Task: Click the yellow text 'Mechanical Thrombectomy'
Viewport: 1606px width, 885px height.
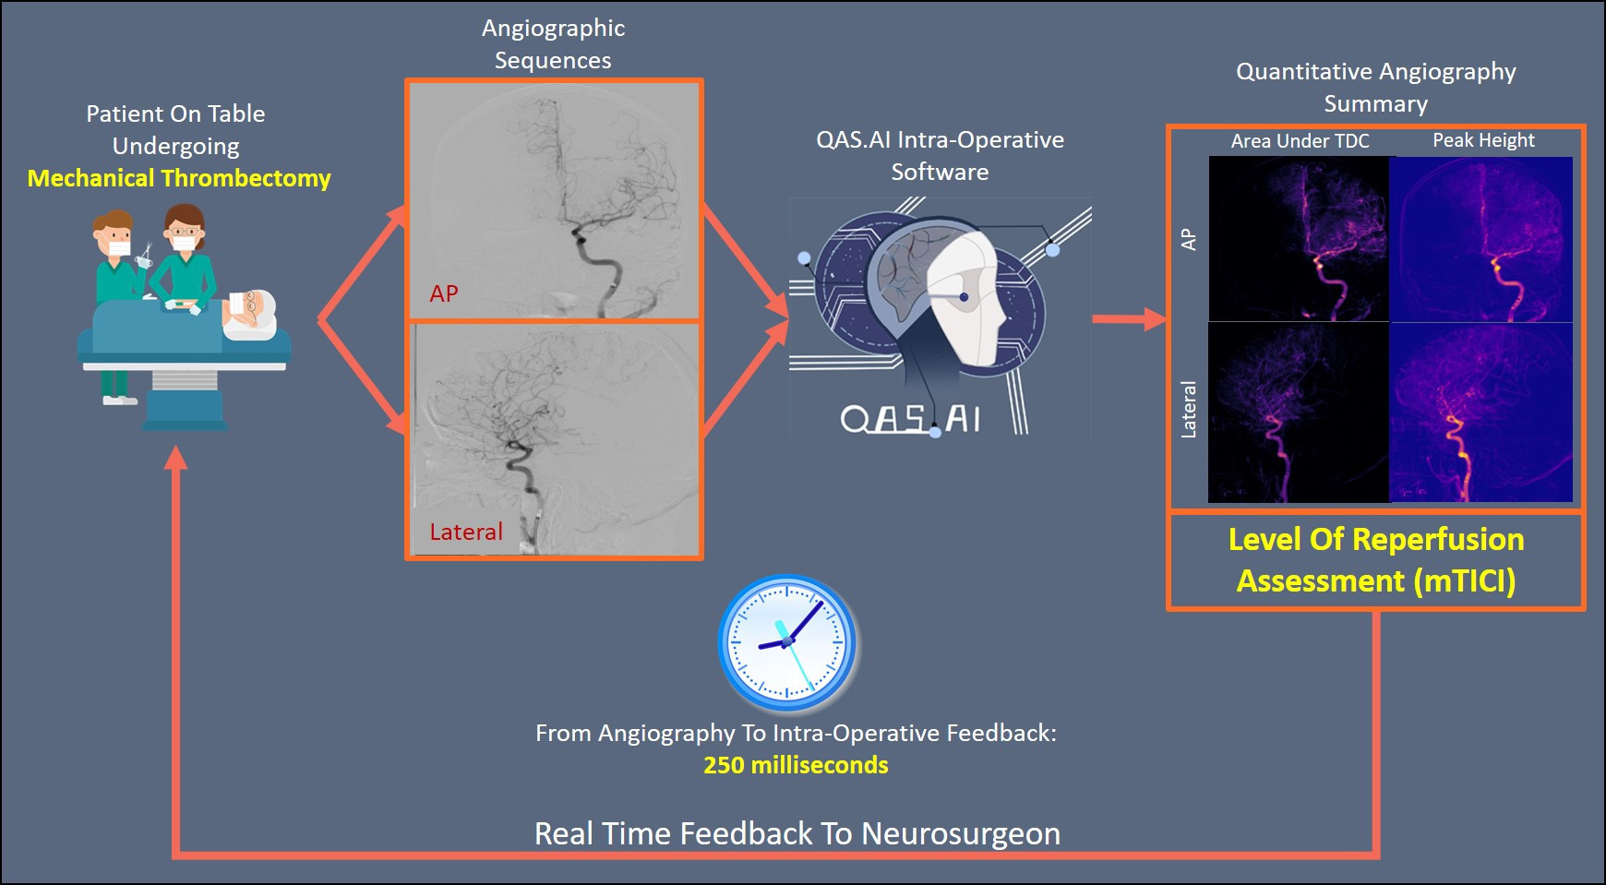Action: click(179, 178)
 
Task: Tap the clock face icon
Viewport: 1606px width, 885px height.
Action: click(787, 643)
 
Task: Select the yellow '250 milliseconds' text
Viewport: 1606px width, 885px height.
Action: click(796, 765)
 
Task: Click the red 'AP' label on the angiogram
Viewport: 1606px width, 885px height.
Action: click(444, 293)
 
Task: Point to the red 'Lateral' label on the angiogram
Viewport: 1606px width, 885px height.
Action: click(466, 532)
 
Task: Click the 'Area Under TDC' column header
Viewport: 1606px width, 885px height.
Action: click(1300, 141)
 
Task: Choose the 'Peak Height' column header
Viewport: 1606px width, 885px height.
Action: click(1483, 140)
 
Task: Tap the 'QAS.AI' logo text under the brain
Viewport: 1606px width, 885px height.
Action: click(910, 420)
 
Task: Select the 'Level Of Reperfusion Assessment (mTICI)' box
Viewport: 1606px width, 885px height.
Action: click(1375, 560)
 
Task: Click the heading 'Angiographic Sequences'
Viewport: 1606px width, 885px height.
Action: click(553, 44)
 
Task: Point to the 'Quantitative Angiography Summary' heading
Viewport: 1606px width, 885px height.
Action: click(1375, 88)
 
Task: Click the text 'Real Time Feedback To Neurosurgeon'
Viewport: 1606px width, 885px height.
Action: click(797, 833)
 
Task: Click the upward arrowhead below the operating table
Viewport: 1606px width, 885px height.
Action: click(175, 457)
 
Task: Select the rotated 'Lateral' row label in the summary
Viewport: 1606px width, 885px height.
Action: click(1189, 410)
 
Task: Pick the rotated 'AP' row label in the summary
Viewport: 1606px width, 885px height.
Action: click(1189, 240)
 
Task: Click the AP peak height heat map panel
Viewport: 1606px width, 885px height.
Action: click(1481, 239)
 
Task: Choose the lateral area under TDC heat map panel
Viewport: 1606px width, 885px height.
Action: click(1299, 413)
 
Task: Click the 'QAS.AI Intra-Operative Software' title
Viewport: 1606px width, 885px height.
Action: click(940, 156)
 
